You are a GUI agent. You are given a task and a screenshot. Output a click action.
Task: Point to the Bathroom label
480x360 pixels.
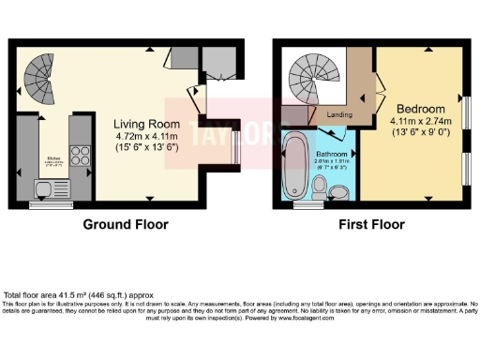coord(332,153)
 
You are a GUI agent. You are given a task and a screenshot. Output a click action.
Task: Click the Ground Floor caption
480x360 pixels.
coord(126,225)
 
